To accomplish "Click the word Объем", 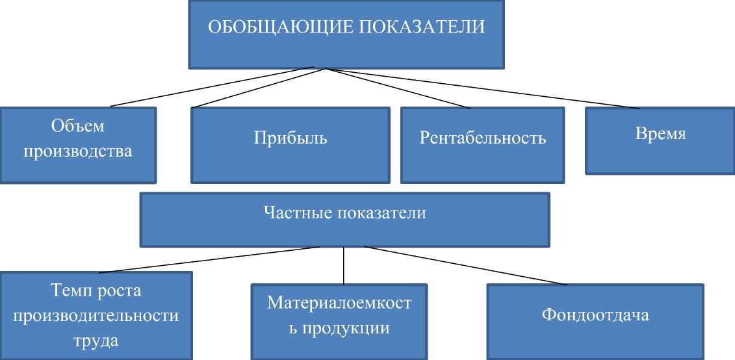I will pyautogui.click(x=77, y=125).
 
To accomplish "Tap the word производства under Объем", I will pyautogui.click(x=77, y=152).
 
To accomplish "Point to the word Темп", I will pyautogui.click(x=70, y=290).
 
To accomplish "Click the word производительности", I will pyautogui.click(x=96, y=316).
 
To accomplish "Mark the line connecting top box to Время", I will pyautogui.click(x=481, y=87).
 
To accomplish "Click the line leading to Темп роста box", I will pyautogui.click(x=208, y=259).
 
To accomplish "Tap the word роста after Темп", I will pyautogui.click(x=119, y=290).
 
